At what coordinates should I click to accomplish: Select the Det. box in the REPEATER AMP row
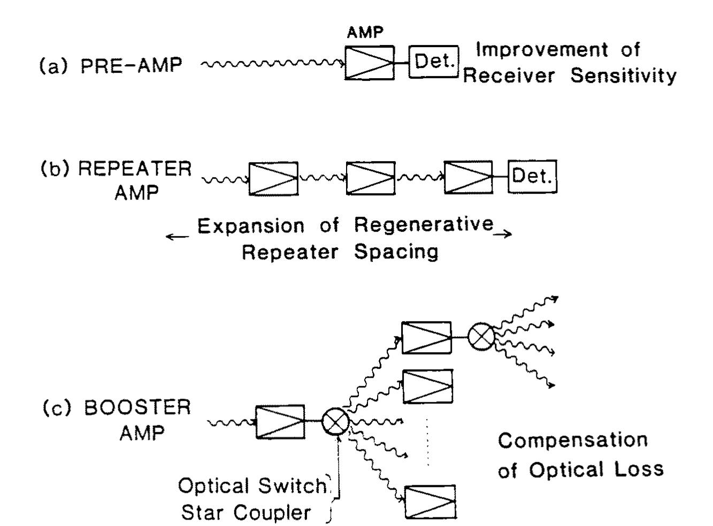pyautogui.click(x=532, y=176)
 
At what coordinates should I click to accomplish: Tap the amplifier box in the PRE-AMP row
pyautogui.click(x=370, y=63)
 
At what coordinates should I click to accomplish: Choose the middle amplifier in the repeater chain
pyautogui.click(x=371, y=178)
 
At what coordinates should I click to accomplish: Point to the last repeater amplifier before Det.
pyautogui.click(x=469, y=178)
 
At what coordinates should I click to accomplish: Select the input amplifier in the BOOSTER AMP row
pyautogui.click(x=280, y=422)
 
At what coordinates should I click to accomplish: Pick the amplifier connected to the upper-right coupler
pyautogui.click(x=426, y=338)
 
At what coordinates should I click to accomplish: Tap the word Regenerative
pyautogui.click(x=424, y=225)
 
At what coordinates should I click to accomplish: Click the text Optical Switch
pyautogui.click(x=252, y=486)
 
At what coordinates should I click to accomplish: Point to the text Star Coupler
pyautogui.click(x=246, y=513)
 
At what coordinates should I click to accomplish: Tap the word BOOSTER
pyautogui.click(x=138, y=408)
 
